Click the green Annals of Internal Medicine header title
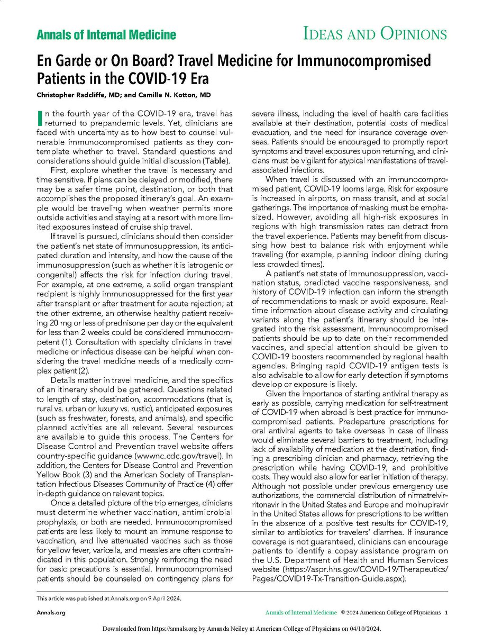tap(106, 35)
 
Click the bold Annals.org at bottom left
tap(49, 613)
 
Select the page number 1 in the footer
tap(446, 613)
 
